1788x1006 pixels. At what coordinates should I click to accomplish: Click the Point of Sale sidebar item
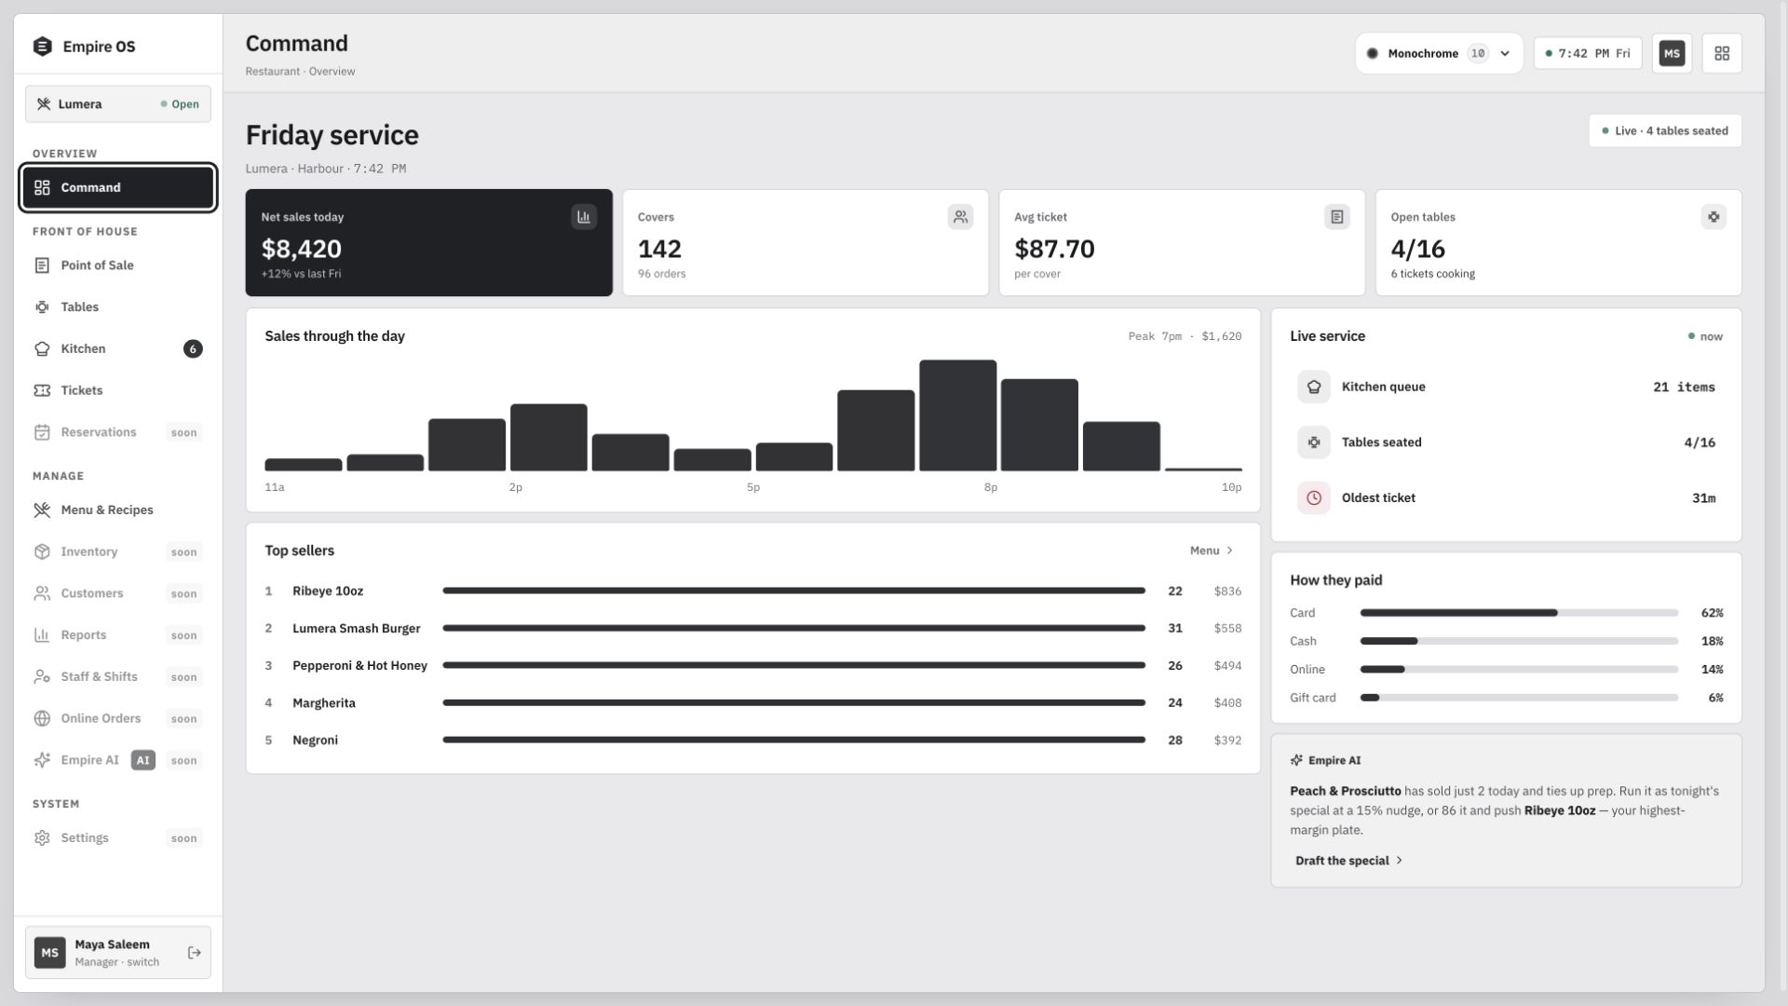click(97, 265)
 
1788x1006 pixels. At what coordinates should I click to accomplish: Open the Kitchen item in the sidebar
click(83, 348)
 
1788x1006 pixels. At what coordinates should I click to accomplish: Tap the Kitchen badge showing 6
click(193, 349)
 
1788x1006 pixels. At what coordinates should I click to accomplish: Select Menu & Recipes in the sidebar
click(107, 510)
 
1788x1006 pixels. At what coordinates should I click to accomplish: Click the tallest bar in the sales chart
click(957, 415)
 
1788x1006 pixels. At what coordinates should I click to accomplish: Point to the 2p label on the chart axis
click(515, 487)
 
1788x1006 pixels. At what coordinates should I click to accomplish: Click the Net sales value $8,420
click(302, 249)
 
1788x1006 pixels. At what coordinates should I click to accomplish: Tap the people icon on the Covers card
click(960, 217)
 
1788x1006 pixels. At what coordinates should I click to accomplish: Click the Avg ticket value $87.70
click(1054, 249)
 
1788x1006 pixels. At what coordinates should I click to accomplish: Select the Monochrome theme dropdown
click(1439, 53)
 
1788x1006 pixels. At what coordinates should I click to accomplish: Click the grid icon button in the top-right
click(1722, 53)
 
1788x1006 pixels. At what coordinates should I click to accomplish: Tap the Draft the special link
click(1348, 861)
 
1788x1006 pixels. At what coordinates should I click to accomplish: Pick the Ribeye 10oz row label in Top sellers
click(328, 591)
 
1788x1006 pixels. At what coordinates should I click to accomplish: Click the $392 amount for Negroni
click(1227, 741)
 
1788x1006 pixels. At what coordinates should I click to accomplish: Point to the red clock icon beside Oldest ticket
click(1314, 498)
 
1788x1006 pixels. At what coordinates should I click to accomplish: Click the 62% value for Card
click(1712, 613)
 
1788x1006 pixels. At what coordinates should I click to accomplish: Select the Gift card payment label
click(1313, 698)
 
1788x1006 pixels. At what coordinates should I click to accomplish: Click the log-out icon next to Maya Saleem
click(195, 953)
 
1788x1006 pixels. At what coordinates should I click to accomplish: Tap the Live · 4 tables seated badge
click(1665, 130)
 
